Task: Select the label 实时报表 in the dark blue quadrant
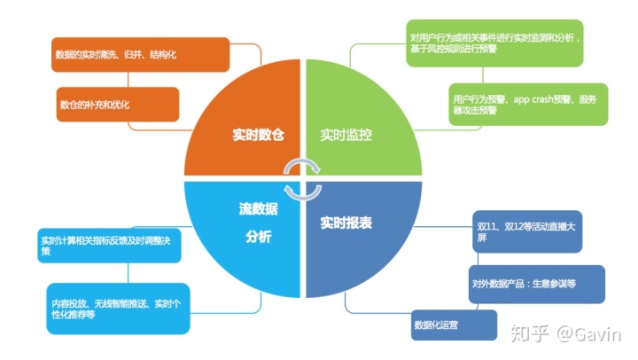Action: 346,223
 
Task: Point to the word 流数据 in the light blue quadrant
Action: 253,211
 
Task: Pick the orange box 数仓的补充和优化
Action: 118,104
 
